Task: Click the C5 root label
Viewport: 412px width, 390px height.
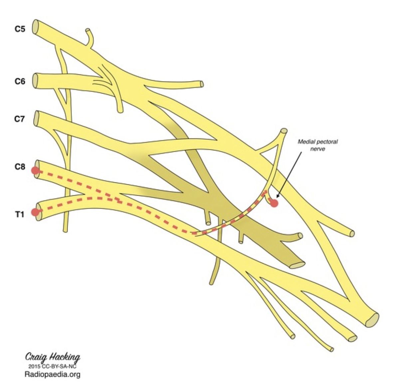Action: coord(20,29)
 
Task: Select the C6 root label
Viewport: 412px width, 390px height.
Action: coord(20,81)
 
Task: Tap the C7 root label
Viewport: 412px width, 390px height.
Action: coord(20,118)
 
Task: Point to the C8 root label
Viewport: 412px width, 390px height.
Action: coord(20,166)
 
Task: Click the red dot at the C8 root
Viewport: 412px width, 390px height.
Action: coord(35,171)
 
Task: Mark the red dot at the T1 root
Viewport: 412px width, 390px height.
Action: coord(35,212)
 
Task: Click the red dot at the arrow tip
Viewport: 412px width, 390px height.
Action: coord(274,203)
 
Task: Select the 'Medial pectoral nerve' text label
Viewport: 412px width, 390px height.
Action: coord(317,145)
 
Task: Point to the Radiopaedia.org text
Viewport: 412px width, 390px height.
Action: coord(53,375)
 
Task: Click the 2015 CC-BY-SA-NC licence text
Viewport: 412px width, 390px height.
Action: coord(53,366)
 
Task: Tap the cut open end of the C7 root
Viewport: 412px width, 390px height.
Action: coord(36,118)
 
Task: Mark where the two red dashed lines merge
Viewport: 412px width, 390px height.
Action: coord(118,200)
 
